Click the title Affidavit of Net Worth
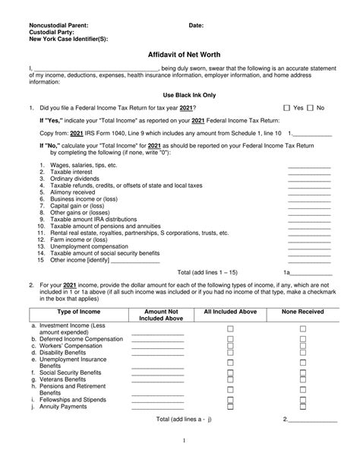pos(179,55)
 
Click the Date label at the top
pos(197,25)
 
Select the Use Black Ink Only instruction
pos(179,95)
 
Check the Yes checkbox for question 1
pos(286,109)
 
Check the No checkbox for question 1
pos(311,109)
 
